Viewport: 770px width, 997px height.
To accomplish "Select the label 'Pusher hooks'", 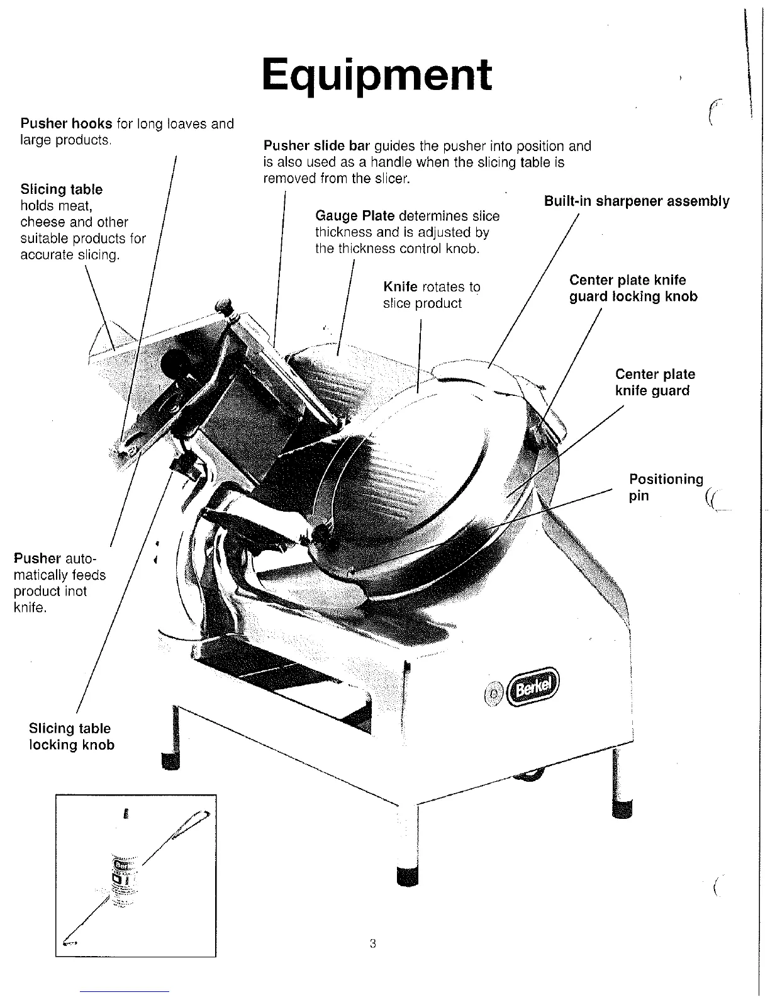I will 66,123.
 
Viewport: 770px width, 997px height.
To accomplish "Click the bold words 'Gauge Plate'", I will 355,216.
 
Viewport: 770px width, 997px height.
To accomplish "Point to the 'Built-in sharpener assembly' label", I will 636,201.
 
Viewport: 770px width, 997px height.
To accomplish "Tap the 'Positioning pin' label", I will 666,487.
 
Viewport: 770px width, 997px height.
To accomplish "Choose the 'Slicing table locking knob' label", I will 71,736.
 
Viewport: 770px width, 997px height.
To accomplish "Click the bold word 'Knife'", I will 400,287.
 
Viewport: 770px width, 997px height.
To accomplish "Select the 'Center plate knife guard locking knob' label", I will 633,288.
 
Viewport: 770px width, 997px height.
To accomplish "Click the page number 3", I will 373,943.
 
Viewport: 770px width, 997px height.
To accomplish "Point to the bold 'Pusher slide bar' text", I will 316,146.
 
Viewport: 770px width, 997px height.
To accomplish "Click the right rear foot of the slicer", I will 622,807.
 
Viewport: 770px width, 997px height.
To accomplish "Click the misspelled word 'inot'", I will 75,592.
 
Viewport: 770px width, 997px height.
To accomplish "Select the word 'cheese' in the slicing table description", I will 43,222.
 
